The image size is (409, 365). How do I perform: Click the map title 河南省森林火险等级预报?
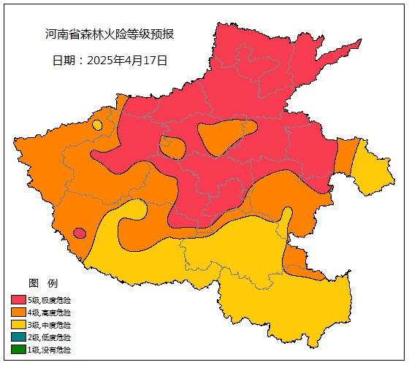point(110,34)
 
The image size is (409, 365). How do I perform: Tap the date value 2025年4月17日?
point(127,61)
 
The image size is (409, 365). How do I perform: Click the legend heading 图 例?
point(42,283)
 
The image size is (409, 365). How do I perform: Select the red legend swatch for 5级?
point(19,300)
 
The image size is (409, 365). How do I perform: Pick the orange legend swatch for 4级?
point(19,312)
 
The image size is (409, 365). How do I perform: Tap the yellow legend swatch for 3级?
point(19,325)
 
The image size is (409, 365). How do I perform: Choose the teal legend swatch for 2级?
point(19,337)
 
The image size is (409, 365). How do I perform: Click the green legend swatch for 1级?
point(19,350)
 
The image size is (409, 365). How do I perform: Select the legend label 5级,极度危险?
point(50,300)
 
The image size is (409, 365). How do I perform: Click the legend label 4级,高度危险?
point(50,312)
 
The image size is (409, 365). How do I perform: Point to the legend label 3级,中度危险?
point(50,325)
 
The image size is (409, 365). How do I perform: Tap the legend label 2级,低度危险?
point(50,337)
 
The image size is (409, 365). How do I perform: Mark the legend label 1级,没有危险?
point(50,350)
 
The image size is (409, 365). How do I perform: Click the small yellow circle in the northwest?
point(97,125)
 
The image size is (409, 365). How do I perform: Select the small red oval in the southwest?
point(80,233)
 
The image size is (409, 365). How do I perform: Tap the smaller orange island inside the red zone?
point(173,147)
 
